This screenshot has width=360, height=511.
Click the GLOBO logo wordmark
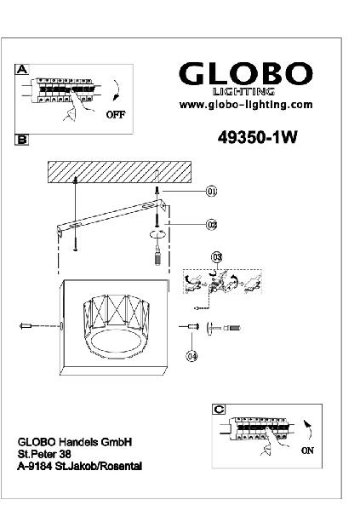246,74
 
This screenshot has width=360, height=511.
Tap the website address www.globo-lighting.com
246,105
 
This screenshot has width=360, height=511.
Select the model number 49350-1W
257,137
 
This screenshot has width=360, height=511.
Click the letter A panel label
22,69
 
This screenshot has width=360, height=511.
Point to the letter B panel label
21,140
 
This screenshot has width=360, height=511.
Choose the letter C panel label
219,409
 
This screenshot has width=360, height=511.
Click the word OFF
116,114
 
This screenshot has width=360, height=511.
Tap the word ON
307,451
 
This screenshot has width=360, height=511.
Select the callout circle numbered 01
211,192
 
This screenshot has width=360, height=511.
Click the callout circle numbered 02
211,225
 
